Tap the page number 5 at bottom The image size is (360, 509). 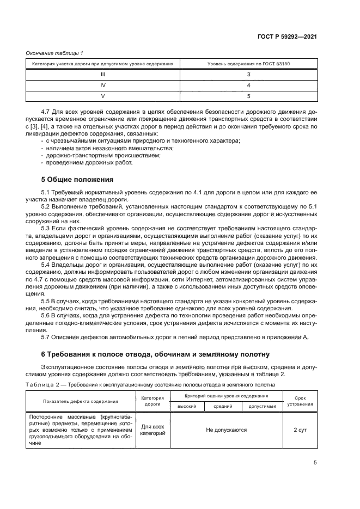click(x=315, y=463)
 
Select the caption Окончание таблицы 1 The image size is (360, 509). click(x=52, y=53)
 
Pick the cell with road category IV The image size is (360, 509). click(x=103, y=85)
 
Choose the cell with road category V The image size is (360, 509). click(x=103, y=96)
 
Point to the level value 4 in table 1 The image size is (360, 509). click(x=248, y=85)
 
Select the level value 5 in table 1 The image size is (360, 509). click(x=248, y=96)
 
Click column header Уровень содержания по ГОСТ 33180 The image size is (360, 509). click(x=248, y=64)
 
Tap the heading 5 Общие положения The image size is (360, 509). click(x=77, y=179)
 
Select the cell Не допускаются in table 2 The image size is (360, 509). click(x=226, y=430)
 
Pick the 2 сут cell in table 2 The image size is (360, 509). click(x=300, y=430)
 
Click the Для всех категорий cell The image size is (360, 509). click(x=152, y=430)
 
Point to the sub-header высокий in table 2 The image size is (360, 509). click(x=187, y=406)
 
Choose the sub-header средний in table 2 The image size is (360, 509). click(x=223, y=406)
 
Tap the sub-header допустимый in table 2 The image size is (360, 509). click(x=263, y=406)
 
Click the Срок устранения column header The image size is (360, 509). click(x=300, y=401)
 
